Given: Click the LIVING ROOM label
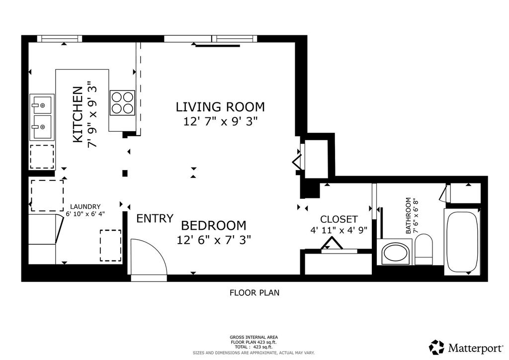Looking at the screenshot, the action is [220, 107].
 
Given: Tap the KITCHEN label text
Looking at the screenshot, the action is [78, 114].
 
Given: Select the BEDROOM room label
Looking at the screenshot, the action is [214, 225].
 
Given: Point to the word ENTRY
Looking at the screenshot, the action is [155, 218].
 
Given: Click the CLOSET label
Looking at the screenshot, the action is [339, 219].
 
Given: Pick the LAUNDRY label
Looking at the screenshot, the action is [85, 206].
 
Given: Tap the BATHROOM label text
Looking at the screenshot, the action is [408, 215].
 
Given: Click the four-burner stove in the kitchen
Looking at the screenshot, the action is [122, 102].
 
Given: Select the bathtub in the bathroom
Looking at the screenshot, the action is [462, 242].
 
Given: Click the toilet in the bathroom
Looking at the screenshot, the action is [424, 249].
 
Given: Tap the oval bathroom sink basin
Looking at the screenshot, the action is [395, 254].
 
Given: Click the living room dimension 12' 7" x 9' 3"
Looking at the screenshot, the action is [220, 121].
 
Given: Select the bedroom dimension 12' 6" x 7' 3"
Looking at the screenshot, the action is [214, 240].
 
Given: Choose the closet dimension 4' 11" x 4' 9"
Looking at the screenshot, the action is [339, 230].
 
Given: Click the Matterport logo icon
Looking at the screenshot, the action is [436, 348].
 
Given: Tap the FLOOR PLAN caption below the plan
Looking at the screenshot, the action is [254, 293].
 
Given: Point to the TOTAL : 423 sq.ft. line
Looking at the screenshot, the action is [254, 347].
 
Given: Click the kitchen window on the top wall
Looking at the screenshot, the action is [60, 39].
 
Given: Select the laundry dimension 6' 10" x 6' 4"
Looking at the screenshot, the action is [85, 214].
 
